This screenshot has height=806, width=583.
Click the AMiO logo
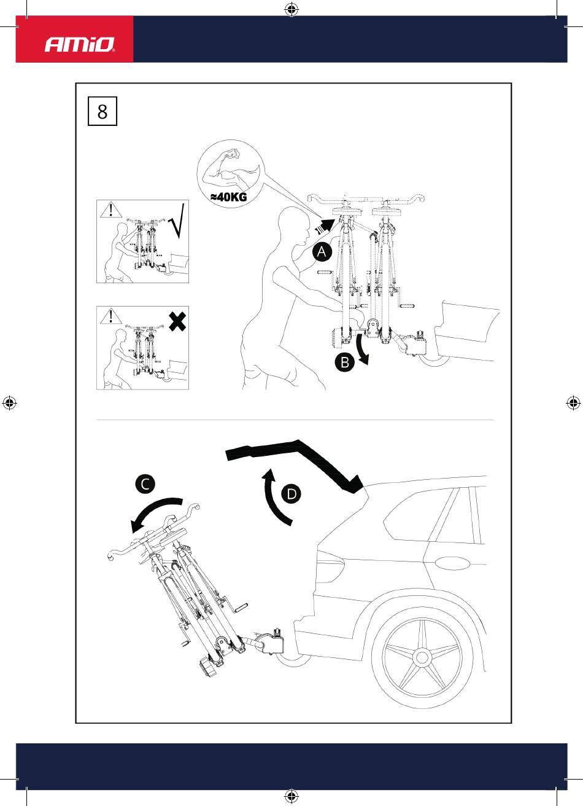pos(79,44)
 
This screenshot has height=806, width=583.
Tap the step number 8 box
pos(102,111)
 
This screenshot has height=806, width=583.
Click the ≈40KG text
pos(229,197)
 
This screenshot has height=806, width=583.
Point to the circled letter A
pos(322,251)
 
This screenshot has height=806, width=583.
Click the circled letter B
pos(345,362)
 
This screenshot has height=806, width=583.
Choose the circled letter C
pos(145,484)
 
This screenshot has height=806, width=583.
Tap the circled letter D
pos(291,494)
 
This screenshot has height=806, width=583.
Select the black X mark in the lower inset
pos(177,322)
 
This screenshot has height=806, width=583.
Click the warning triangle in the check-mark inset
pos(111,209)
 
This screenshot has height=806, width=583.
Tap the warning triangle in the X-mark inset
pos(111,316)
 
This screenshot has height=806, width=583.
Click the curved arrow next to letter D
pos(269,499)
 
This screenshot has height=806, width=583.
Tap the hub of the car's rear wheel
pos(422,658)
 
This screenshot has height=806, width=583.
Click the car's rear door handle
pos(452,564)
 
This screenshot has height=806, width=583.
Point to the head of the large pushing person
pos(294,225)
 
